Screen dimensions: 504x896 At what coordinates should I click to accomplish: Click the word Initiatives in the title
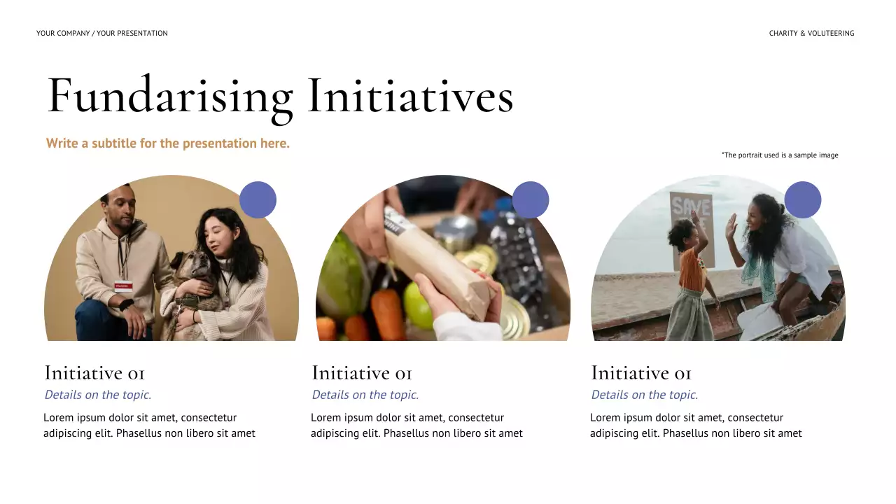tap(410, 97)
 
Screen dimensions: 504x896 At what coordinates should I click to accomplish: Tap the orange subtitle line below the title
tap(168, 143)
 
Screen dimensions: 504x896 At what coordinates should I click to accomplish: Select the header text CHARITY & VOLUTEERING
tap(811, 34)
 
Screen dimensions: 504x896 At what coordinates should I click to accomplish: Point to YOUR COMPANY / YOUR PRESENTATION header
tap(102, 34)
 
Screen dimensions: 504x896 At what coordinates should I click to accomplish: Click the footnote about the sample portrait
tap(780, 155)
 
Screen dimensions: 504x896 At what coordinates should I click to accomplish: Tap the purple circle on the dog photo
tap(258, 199)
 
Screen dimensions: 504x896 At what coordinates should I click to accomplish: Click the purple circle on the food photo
tap(531, 199)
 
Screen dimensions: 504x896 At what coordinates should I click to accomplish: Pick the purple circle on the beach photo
tap(802, 199)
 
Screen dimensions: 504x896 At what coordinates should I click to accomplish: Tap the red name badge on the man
tap(123, 285)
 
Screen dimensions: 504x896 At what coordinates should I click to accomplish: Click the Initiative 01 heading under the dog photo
tap(94, 373)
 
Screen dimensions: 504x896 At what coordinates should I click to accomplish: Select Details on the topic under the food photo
tap(365, 395)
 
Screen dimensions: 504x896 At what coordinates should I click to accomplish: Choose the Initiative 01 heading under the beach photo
tap(641, 373)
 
